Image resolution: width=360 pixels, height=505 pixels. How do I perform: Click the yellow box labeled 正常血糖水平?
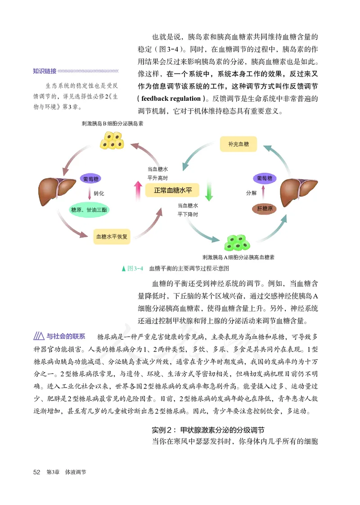pyautogui.click(x=173, y=190)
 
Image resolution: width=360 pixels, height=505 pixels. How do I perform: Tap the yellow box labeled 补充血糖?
pyautogui.click(x=238, y=144)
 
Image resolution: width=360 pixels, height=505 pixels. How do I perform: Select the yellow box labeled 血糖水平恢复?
pyautogui.click(x=112, y=236)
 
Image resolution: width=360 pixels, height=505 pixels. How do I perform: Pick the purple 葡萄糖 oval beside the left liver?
pyautogui.click(x=92, y=179)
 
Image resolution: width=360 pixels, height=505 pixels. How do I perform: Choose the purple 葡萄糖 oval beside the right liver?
pyautogui.click(x=264, y=178)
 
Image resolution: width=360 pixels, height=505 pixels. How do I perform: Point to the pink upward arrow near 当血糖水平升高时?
pyautogui.click(x=138, y=190)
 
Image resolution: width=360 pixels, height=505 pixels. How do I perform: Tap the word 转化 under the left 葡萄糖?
pyautogui.click(x=99, y=194)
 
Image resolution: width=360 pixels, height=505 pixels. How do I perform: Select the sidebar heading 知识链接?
pyautogui.click(x=45, y=71)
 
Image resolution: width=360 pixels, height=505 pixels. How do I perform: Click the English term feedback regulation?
pyautogui.click(x=171, y=99)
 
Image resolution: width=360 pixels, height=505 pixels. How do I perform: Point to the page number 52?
pyautogui.click(x=37, y=472)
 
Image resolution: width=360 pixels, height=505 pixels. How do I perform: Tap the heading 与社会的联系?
pyautogui.click(x=66, y=336)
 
